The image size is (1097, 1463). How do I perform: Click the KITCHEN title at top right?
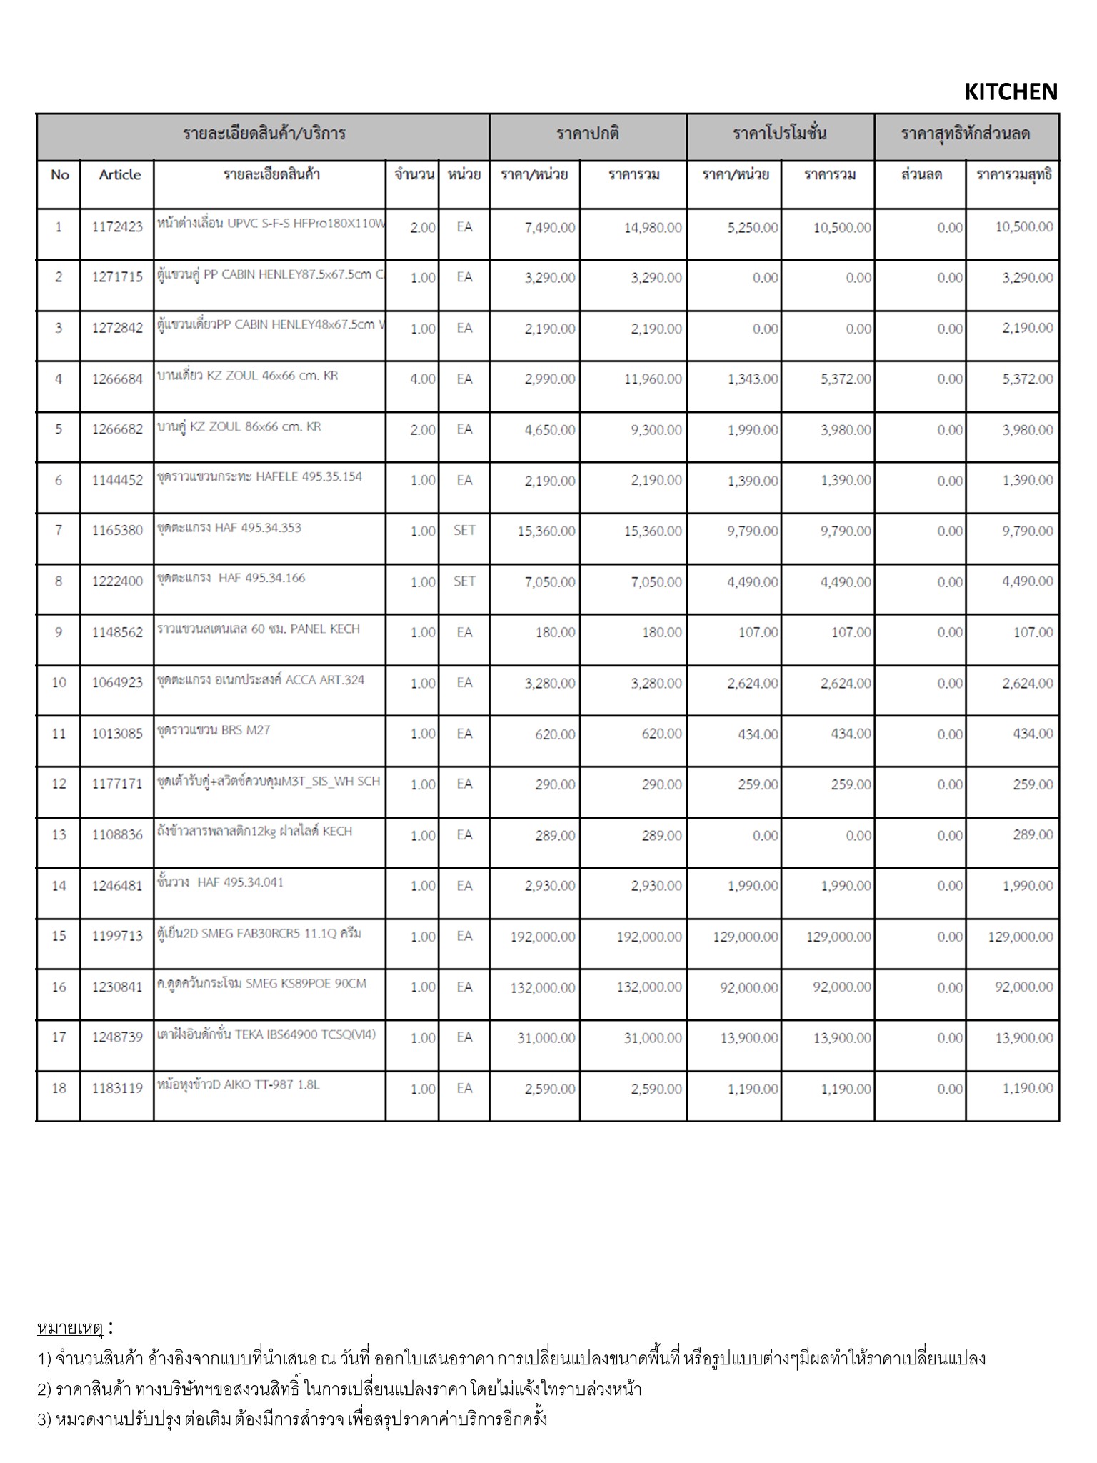[1010, 91]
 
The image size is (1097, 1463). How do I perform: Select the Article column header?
[119, 175]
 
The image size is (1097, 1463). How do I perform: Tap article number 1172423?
[117, 227]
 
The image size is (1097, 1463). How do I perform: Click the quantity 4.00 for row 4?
[422, 379]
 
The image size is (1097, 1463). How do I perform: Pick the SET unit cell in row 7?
[464, 531]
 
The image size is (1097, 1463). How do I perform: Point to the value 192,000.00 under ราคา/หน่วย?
[542, 937]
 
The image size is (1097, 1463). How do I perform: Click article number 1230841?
[117, 987]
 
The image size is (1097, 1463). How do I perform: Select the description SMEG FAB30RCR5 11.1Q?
[259, 933]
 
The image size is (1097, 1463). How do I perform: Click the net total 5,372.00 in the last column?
[1026, 379]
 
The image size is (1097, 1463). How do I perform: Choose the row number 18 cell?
[59, 1088]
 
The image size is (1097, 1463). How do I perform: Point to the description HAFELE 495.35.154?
[259, 476]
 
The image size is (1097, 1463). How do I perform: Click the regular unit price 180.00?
[555, 632]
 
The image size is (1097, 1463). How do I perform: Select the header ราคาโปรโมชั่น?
[779, 134]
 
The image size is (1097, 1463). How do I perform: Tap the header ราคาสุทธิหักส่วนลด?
[965, 134]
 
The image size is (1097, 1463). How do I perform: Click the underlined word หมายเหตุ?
[70, 1328]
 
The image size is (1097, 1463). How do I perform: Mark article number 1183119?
[117, 1089]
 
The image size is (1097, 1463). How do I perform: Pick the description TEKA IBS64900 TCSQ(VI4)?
[266, 1034]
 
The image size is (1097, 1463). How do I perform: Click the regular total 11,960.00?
[652, 379]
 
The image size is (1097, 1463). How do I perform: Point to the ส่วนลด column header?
[921, 175]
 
